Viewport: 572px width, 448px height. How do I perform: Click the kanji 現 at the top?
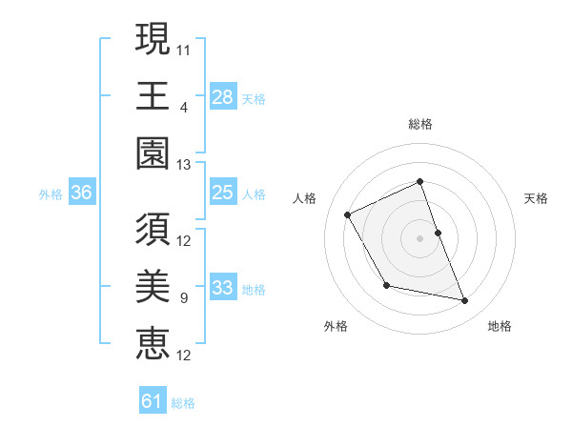click(x=153, y=41)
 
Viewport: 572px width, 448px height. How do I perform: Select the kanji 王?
click(x=153, y=95)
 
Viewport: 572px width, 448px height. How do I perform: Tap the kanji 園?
click(x=153, y=152)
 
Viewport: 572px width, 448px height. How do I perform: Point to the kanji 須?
click(x=153, y=230)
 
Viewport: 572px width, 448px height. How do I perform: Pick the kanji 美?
click(x=153, y=287)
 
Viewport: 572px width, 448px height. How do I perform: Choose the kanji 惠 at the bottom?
click(x=153, y=343)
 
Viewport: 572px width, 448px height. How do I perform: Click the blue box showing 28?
click(x=222, y=96)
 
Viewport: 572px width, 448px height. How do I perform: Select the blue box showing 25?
click(x=222, y=193)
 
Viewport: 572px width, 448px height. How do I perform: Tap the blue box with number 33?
click(x=222, y=288)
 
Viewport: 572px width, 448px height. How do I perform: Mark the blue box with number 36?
click(x=81, y=193)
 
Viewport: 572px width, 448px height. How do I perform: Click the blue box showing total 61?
click(x=153, y=401)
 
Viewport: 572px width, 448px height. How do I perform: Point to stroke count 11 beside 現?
click(x=185, y=48)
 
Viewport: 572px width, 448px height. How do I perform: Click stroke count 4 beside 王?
click(x=183, y=106)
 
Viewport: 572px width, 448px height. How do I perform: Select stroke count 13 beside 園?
click(x=185, y=165)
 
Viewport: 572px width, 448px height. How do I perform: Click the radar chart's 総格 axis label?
click(x=419, y=124)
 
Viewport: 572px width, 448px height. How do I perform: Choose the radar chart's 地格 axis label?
click(x=500, y=327)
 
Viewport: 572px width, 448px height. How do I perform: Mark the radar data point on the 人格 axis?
click(x=348, y=215)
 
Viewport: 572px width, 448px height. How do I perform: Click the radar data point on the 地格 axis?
click(x=465, y=301)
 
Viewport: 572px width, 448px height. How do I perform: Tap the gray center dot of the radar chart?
click(x=419, y=238)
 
